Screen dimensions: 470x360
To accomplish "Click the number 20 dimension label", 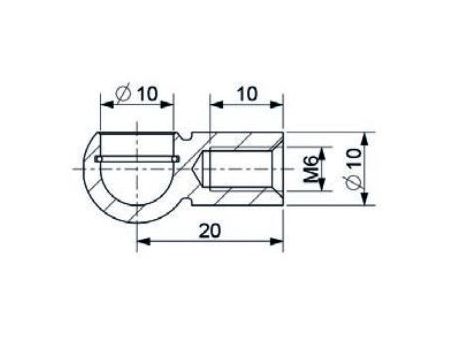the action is [210, 231].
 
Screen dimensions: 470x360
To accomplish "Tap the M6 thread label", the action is [310, 170].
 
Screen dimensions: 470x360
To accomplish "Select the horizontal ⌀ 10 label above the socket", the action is [136, 94].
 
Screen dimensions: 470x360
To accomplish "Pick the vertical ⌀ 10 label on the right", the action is [353, 169].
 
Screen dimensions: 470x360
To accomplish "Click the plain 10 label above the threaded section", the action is [247, 94].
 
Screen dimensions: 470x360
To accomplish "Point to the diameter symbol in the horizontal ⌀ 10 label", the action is [123, 94].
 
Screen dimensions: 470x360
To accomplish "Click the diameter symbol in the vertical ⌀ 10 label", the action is [353, 183].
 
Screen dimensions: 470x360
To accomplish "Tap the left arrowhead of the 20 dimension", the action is [143, 241].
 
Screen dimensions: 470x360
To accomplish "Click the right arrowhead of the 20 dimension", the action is [276, 241].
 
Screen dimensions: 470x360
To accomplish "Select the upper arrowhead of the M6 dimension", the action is [321, 153].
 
